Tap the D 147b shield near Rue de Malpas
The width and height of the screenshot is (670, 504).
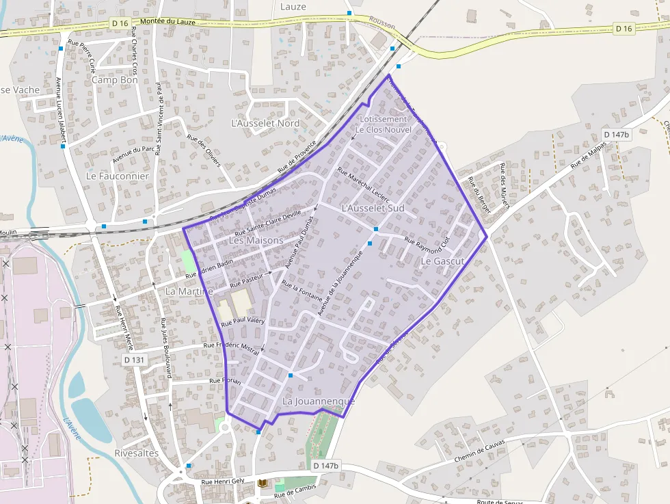point(616,135)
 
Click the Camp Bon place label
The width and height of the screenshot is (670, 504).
point(115,80)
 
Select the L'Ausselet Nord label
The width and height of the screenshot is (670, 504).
point(266,123)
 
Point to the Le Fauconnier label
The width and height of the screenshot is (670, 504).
point(118,176)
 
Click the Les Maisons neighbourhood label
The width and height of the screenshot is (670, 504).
point(256,241)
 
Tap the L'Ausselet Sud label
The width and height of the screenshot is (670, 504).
point(373,208)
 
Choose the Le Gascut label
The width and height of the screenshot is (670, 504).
point(442,261)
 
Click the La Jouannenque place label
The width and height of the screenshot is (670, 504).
point(319,401)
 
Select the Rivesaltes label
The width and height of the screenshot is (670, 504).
point(137,453)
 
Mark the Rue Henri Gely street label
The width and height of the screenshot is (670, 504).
point(222,481)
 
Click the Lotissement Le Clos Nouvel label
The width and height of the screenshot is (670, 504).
point(384,124)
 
